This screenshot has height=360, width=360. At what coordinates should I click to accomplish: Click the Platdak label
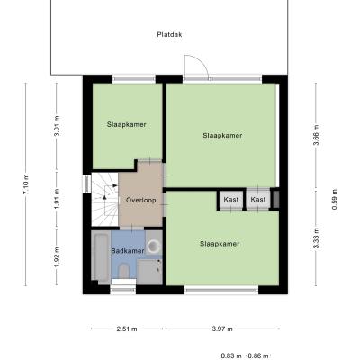169,34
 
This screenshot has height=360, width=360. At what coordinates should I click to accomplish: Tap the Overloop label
141,200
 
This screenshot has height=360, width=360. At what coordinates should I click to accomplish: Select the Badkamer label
128,251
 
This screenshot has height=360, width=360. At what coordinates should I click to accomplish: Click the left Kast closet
231,199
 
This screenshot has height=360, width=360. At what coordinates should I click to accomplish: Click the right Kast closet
258,199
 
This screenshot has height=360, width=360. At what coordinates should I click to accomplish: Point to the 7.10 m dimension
25,184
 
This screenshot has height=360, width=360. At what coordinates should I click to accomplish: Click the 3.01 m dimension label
57,126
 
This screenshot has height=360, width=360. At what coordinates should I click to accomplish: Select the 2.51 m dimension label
127,328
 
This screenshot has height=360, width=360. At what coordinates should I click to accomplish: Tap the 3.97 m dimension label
222,328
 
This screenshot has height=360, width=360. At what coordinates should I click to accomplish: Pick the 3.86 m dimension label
316,134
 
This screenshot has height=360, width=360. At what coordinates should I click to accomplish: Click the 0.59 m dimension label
335,199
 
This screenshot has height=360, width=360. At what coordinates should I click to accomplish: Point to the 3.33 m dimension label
316,238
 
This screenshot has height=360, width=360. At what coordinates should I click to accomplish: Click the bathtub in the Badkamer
100,257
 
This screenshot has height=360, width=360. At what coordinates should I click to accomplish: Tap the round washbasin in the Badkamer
154,247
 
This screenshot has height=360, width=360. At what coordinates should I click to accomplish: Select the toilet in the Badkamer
123,271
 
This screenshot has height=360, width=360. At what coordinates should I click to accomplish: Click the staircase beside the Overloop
104,200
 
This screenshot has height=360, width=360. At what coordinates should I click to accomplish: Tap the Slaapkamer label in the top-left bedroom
127,124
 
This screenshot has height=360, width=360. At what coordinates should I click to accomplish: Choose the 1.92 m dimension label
57,257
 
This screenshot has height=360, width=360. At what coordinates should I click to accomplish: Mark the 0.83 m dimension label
231,356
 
